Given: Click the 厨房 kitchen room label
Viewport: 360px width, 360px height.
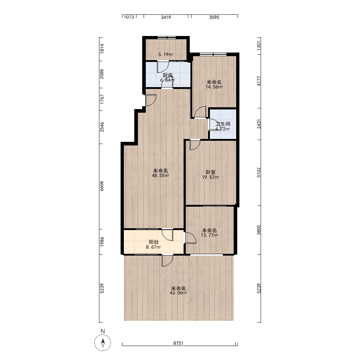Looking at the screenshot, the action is pos(168,75).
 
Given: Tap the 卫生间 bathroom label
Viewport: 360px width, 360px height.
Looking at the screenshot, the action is pos(223,124).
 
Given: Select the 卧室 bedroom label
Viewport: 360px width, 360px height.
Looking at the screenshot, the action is pos(211,172).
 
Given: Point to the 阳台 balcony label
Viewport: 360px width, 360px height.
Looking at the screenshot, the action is pos(154,242).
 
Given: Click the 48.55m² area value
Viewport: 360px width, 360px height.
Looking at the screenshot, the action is pos(161,176).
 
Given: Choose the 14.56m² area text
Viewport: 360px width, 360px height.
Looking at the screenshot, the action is pos(214,87).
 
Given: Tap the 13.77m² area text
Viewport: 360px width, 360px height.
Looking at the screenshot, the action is pos(210,235).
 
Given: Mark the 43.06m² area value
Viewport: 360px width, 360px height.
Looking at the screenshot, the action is pos(179,293).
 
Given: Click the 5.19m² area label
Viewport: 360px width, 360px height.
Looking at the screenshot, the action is pos(166,55).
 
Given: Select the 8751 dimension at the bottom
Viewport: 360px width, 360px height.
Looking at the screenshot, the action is pos(179,343).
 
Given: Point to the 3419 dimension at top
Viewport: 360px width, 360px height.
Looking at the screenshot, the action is pos(166,17).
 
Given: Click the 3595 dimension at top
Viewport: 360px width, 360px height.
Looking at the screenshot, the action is pos(214,17).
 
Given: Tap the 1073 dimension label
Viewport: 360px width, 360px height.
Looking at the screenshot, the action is pos(129,17).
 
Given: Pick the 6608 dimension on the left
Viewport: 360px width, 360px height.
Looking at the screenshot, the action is pos(102,186).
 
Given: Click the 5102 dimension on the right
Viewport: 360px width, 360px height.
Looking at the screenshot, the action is pos(259,172).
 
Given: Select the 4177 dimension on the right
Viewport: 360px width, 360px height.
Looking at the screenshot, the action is pos(259,81).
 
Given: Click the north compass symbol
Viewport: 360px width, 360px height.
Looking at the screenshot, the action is pos(103,343).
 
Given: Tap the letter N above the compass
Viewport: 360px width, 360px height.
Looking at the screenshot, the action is pos(103,331).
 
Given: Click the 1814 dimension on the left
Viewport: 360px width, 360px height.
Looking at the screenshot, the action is pos(102,49).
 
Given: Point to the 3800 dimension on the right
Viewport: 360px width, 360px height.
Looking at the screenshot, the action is pos(259,230).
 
